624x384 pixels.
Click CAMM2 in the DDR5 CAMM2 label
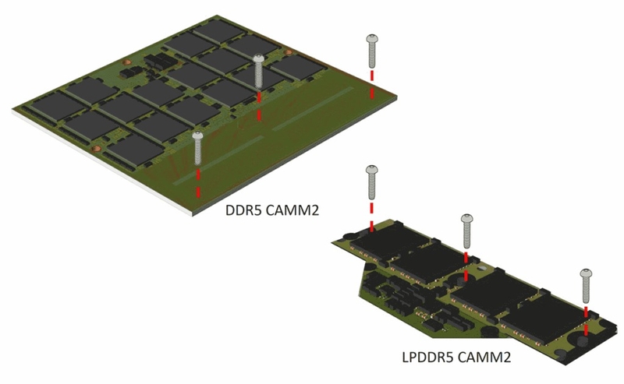coord(292,210)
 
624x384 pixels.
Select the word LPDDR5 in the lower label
coord(427,357)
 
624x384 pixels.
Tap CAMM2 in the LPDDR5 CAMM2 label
coord(484,357)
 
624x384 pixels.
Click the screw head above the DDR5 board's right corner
coord(372,39)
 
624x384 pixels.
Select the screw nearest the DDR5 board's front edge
coord(198,148)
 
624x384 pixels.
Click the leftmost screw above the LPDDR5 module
coord(372,182)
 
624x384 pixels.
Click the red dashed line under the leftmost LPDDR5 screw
coord(372,217)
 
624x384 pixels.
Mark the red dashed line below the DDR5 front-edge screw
coord(198,183)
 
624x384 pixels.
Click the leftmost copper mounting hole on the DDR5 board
coord(95,149)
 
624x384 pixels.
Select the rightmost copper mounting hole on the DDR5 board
coord(287,51)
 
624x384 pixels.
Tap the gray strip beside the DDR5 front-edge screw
coord(219,160)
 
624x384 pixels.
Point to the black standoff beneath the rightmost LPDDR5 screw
coord(583,340)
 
